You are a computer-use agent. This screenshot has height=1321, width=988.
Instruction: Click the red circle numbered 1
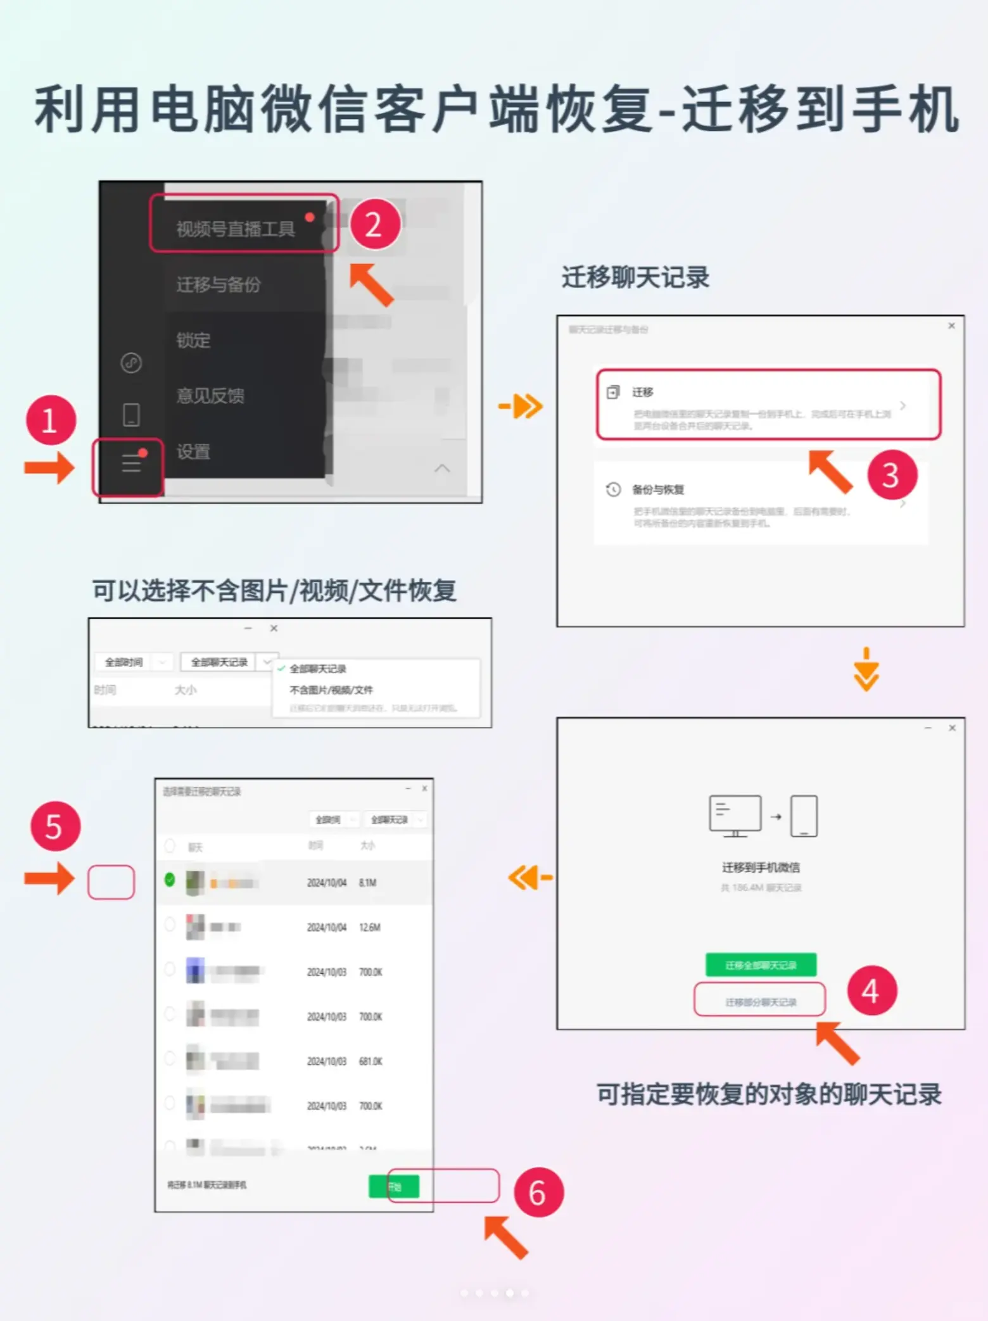point(51,420)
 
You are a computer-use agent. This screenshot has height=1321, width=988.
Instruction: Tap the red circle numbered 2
point(374,224)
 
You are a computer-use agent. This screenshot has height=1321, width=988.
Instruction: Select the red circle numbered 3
point(892,475)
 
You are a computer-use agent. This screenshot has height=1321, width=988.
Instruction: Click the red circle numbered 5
point(55,826)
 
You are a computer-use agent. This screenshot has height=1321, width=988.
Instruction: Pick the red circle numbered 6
point(538,1192)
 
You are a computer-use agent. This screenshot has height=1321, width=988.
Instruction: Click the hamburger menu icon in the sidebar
point(131,463)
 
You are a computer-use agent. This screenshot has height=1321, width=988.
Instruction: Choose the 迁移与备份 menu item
point(218,285)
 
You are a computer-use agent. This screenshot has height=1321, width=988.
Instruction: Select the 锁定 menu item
point(193,340)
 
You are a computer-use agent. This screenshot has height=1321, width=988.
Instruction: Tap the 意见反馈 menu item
point(210,396)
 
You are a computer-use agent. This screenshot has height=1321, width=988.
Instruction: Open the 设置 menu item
point(193,452)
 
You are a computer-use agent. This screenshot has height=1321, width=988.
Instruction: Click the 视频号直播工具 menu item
point(236,229)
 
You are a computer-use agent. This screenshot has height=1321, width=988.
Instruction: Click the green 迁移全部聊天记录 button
point(761,964)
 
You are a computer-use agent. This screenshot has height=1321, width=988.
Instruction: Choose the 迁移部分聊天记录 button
point(760,1001)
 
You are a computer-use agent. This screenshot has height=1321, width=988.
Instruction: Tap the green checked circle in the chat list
point(170,880)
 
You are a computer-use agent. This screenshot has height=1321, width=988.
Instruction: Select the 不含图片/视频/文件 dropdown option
point(331,690)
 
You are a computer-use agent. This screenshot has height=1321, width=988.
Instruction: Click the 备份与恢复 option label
point(657,490)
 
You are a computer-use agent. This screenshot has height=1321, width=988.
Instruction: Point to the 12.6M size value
point(370,927)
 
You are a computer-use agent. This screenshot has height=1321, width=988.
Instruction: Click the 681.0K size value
point(370,1061)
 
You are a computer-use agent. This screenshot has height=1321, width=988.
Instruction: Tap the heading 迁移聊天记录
point(635,277)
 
